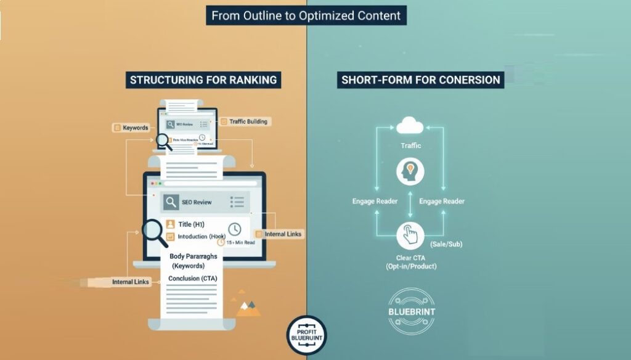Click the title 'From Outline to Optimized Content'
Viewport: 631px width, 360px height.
click(306, 15)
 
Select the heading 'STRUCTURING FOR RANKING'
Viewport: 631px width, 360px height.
click(203, 80)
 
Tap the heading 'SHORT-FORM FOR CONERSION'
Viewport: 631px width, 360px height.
click(420, 80)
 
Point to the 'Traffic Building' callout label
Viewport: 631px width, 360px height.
click(248, 121)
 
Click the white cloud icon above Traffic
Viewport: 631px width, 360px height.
click(409, 127)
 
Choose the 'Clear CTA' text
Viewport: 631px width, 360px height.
click(409, 256)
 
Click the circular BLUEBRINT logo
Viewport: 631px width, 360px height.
click(412, 311)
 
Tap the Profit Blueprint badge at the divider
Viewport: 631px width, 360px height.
click(307, 335)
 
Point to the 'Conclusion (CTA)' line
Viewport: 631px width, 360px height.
click(192, 279)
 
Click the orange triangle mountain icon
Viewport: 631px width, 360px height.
click(248, 308)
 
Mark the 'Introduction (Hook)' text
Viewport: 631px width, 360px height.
click(202, 237)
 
